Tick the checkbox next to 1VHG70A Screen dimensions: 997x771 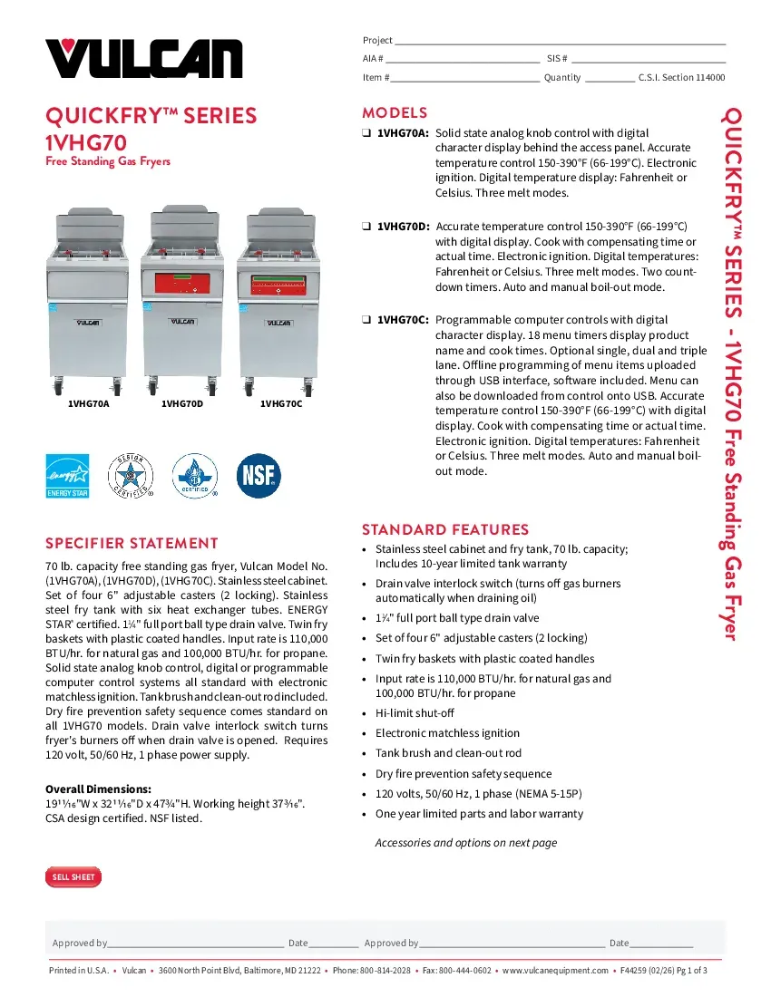(x=366, y=133)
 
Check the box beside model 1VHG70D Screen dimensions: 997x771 (x=366, y=227)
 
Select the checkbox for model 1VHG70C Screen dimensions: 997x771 (x=366, y=320)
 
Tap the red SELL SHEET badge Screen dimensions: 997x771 (x=73, y=877)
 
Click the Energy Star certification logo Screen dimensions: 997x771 (x=67, y=476)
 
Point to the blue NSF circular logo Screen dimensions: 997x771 (x=259, y=476)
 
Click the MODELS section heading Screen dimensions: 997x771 (x=395, y=113)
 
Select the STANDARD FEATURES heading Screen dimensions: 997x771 (x=445, y=529)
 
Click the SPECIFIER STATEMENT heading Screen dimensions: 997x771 (x=132, y=544)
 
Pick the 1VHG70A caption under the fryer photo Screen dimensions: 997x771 (x=89, y=404)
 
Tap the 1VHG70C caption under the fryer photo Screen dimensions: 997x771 (x=281, y=404)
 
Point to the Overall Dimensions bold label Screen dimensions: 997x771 (x=99, y=789)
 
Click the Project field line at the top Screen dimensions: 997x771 (x=560, y=41)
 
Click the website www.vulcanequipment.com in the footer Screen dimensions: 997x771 (x=555, y=971)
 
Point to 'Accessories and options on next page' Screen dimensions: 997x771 (x=466, y=843)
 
